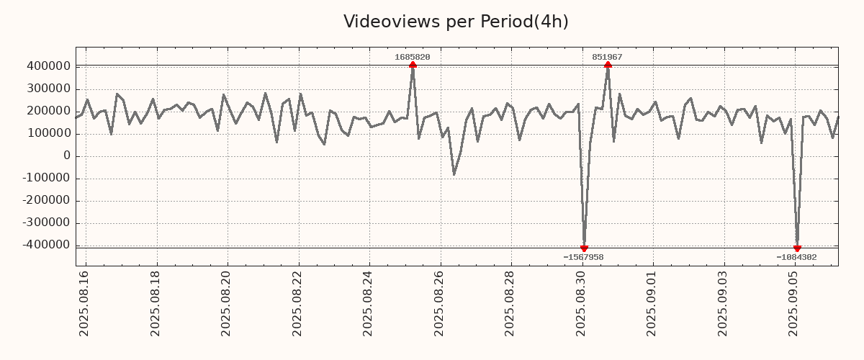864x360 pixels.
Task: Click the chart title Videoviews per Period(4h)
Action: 456,22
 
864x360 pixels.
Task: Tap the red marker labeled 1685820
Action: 413,66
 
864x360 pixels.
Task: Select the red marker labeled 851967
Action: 608,66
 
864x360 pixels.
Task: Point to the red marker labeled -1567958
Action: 584,248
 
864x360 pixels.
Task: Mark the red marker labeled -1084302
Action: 797,248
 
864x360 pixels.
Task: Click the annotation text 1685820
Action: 413,57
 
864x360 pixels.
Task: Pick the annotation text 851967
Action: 608,57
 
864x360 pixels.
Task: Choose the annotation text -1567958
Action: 583,257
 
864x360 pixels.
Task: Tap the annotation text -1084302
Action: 796,257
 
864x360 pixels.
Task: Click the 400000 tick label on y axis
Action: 48,66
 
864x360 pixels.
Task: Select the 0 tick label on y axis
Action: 66,156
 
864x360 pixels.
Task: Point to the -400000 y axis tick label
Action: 45,246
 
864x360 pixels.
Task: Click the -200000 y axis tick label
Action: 45,201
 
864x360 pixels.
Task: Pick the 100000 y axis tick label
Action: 48,134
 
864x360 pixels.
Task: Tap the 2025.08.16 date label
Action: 84,303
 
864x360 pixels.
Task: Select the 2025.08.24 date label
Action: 369,303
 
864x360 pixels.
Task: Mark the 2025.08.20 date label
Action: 227,303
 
